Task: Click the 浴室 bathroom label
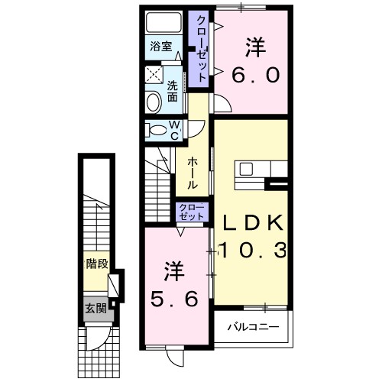[161, 46]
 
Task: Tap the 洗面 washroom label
[173, 91]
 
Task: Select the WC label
[174, 131]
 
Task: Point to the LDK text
[253, 222]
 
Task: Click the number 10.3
[253, 250]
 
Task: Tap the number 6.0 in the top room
[256, 75]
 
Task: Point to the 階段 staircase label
[96, 264]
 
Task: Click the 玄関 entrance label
[95, 309]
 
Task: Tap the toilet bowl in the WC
[157, 131]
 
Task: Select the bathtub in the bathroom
[163, 22]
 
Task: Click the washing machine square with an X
[153, 75]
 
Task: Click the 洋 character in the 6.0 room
[256, 47]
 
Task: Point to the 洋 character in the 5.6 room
[174, 270]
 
